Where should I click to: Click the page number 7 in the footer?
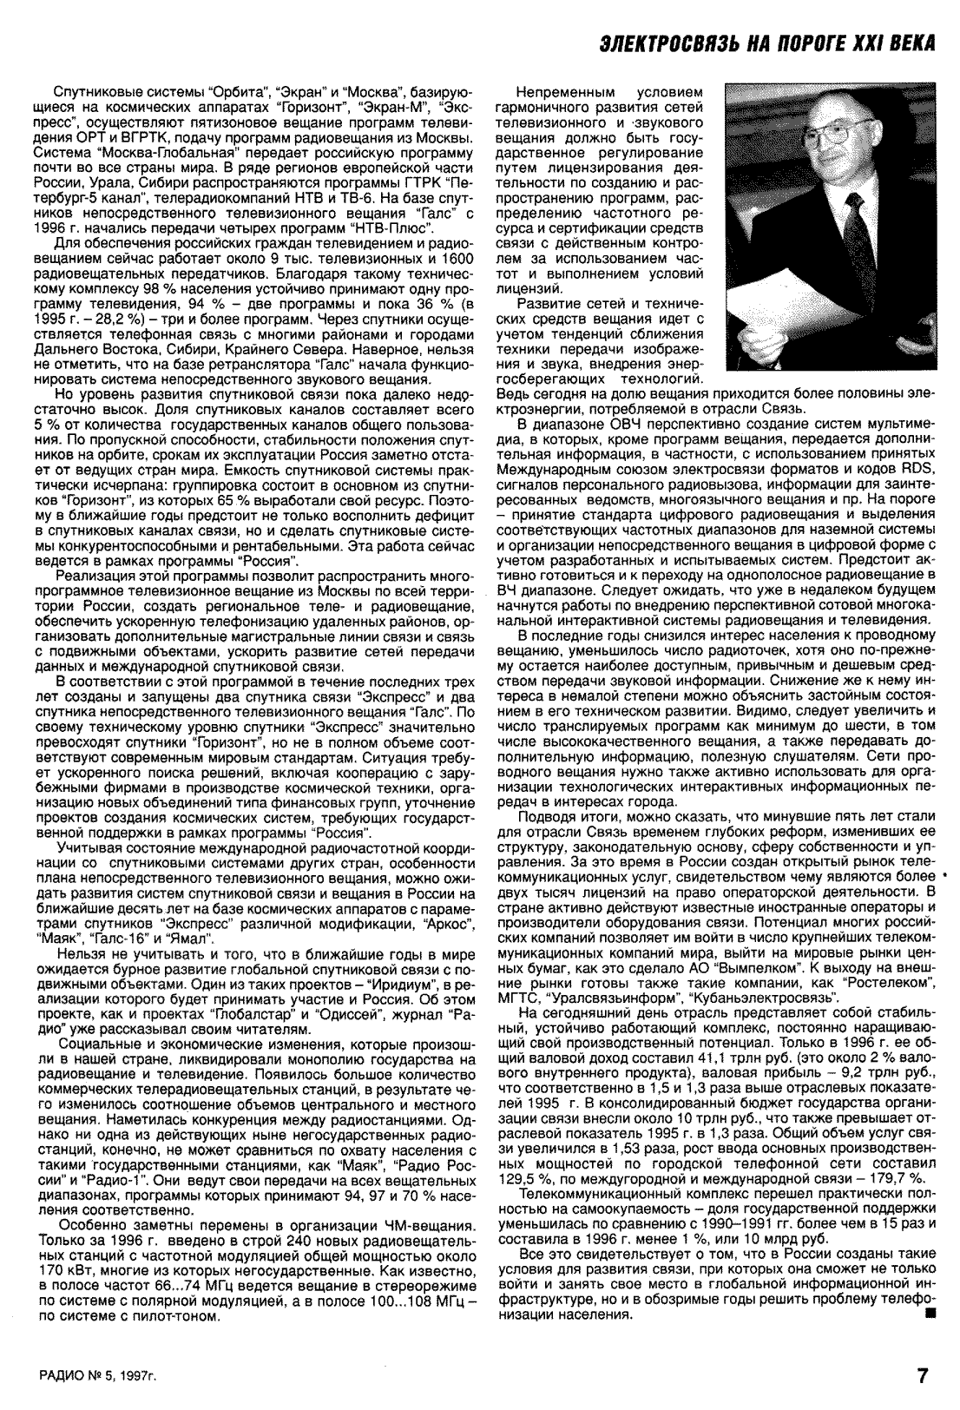[923, 1375]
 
